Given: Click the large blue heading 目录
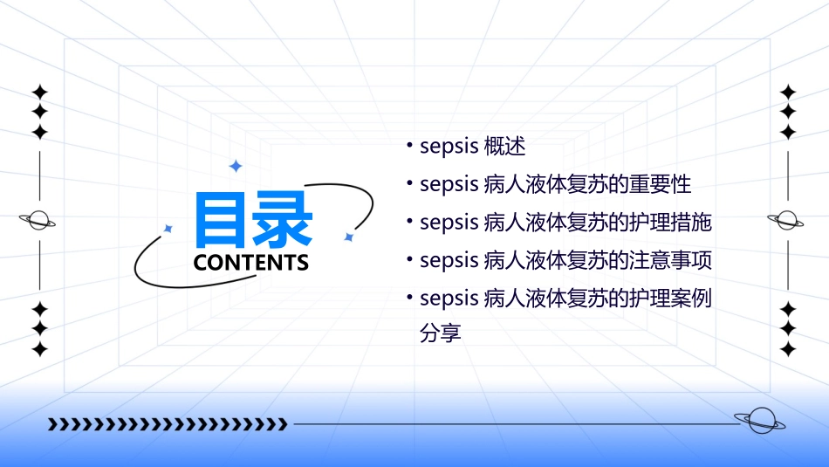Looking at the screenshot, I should click(x=254, y=219).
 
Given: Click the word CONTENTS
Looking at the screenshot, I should click(x=251, y=263).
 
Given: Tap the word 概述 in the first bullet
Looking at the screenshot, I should click(x=504, y=147).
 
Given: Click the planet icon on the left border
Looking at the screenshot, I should click(x=38, y=220).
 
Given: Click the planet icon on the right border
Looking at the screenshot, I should click(x=787, y=220).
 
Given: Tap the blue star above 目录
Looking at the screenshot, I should click(x=235, y=166).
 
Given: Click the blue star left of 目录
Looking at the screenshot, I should click(x=168, y=229).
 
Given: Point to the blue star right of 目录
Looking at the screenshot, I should click(x=348, y=237).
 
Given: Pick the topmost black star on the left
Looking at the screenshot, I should click(x=39, y=92).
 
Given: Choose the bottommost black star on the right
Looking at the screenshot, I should click(x=788, y=349).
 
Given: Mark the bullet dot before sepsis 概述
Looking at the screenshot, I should click(x=408, y=146).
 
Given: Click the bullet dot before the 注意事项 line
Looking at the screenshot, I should click(x=408, y=259).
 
